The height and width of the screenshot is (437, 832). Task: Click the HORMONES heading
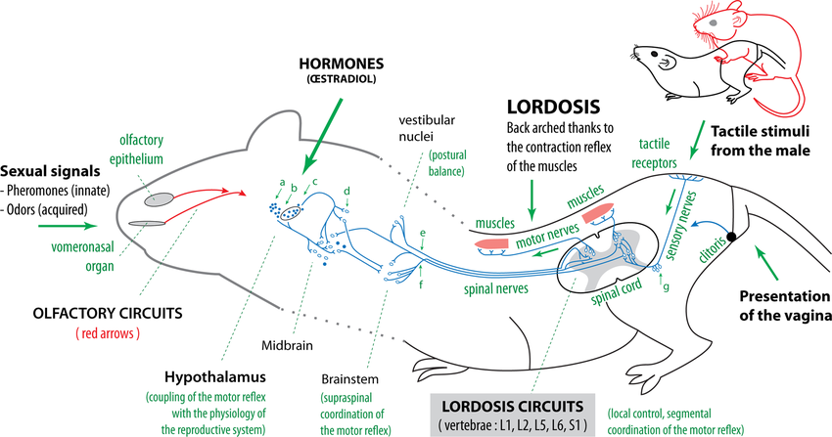point(342,65)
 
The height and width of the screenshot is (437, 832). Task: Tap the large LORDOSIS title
point(553,107)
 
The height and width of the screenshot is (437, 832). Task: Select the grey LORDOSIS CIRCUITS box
point(512,415)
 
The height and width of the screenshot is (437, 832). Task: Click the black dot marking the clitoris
point(731,237)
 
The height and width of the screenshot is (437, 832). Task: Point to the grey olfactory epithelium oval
point(160,199)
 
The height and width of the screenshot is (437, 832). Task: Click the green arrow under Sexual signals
point(68,226)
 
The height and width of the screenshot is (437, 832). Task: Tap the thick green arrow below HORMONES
point(321,136)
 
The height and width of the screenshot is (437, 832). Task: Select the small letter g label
point(666,287)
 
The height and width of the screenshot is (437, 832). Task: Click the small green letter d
point(347,191)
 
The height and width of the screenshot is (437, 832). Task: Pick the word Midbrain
point(287,346)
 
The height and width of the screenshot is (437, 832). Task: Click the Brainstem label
point(350,379)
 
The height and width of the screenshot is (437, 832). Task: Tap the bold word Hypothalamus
point(215,377)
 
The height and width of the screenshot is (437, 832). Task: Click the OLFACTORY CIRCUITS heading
point(108,313)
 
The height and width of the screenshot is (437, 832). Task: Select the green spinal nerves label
point(496,288)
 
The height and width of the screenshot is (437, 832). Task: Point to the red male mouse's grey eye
point(714,22)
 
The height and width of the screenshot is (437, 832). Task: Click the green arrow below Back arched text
point(532,198)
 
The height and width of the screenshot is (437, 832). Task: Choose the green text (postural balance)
point(447,163)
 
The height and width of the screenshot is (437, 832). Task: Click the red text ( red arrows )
point(108,333)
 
